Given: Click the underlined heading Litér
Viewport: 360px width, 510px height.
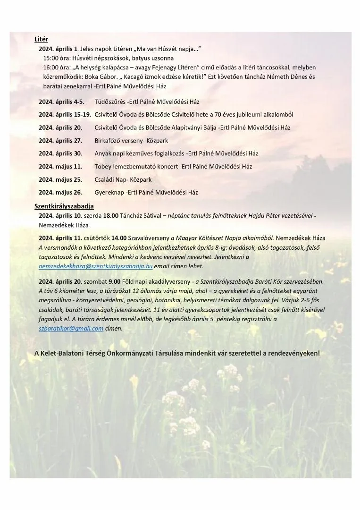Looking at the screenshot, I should point(41,39).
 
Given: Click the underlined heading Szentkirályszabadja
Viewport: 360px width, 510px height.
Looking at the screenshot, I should point(64,206).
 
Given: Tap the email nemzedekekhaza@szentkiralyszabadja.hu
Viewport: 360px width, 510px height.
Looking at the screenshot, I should point(95,266).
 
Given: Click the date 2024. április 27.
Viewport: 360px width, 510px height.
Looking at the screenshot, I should point(60,141).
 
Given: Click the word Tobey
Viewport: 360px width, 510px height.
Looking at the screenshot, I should point(102,167).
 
